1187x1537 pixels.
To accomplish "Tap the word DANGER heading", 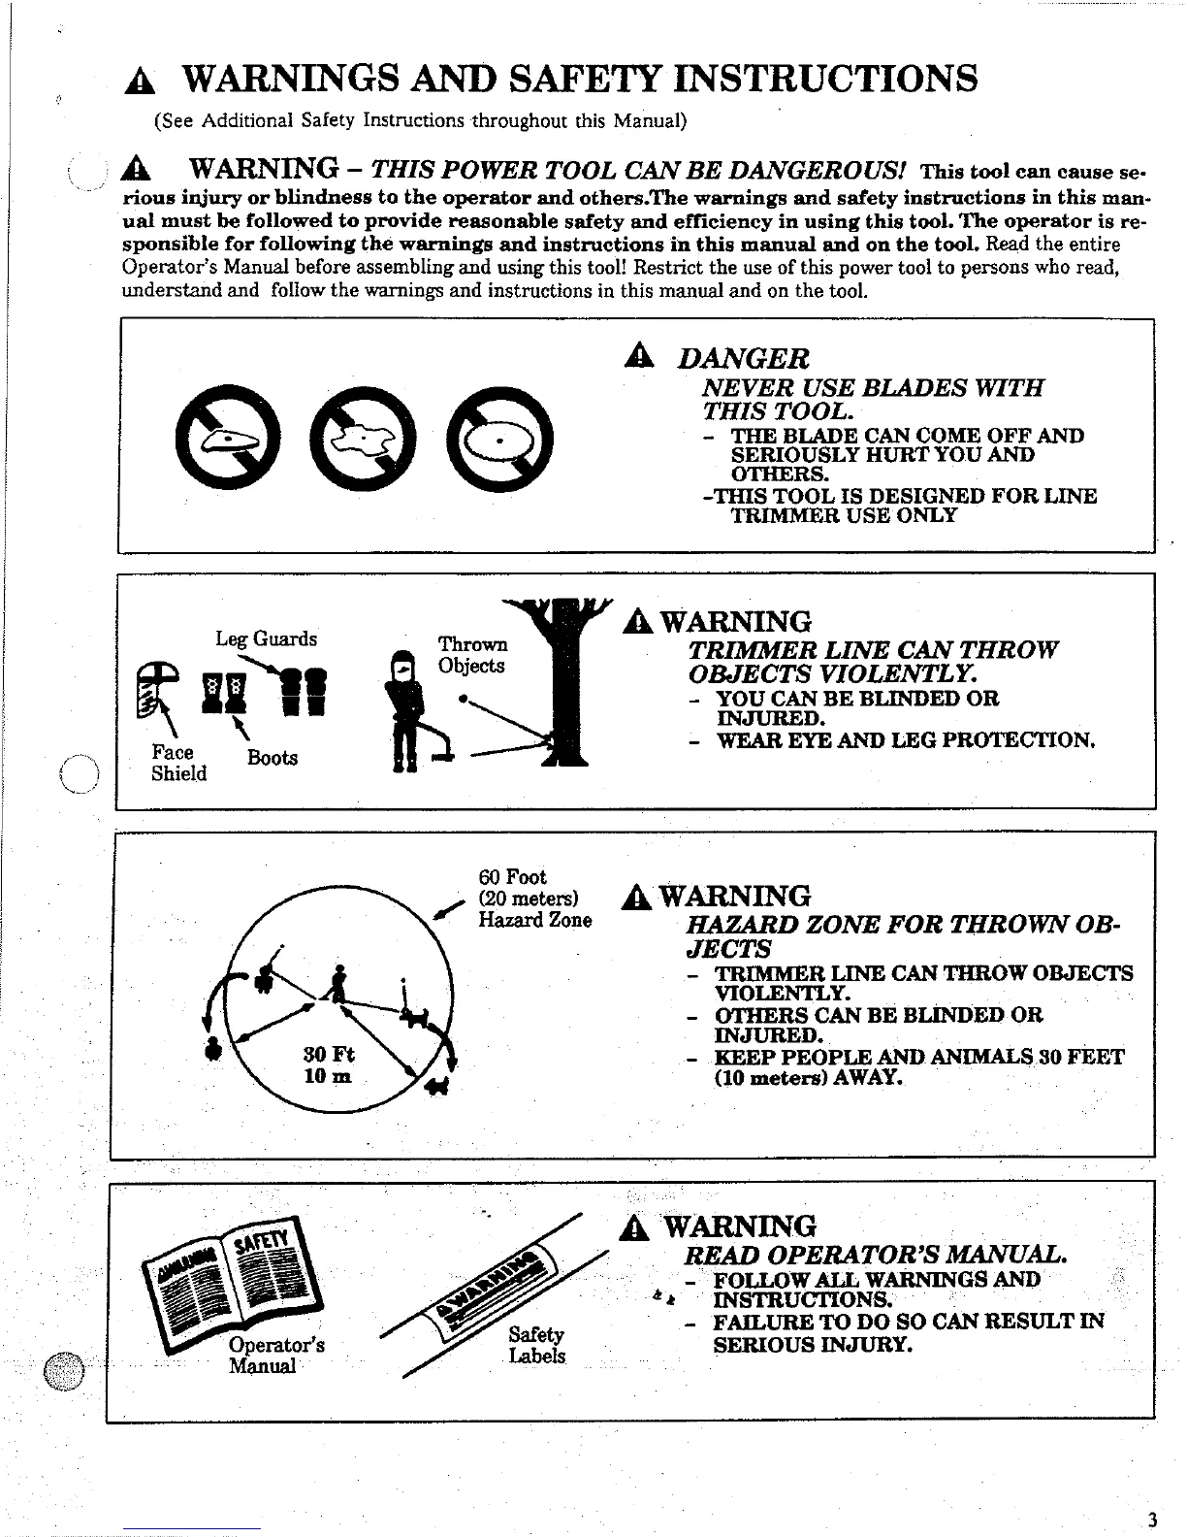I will (743, 359).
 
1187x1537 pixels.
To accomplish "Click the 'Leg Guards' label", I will (266, 638).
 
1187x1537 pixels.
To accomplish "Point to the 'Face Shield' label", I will (177, 763).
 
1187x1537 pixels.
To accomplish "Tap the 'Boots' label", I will (272, 758).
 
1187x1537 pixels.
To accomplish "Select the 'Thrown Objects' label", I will (472, 655).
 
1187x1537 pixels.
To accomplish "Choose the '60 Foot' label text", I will (513, 877).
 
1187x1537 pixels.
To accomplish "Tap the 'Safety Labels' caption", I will (536, 1346).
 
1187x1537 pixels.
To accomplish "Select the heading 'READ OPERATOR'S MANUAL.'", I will (876, 1254).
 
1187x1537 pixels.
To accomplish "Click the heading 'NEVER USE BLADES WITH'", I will (873, 388).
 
